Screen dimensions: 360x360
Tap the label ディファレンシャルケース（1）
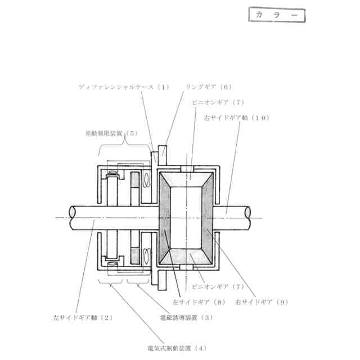coord(123,87)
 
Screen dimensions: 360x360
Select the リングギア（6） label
coord(209,87)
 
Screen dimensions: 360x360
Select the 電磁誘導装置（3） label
coord(186,317)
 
